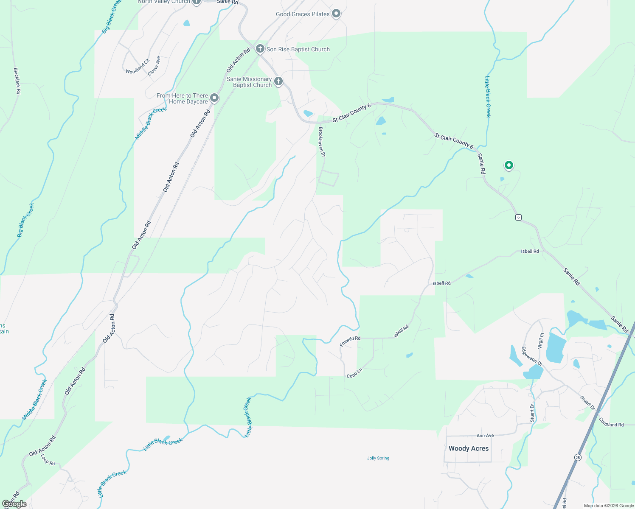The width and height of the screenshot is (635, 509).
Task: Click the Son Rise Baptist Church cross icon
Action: (x=260, y=49)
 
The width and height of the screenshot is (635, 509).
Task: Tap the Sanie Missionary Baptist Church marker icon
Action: (x=278, y=81)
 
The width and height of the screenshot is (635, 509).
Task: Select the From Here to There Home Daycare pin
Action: (x=215, y=98)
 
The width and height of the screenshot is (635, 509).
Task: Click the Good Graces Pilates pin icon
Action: (x=336, y=14)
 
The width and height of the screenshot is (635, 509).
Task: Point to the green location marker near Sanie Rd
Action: (x=509, y=165)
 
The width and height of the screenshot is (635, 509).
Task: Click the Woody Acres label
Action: (x=469, y=448)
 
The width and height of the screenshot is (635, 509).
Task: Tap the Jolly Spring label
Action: (x=378, y=458)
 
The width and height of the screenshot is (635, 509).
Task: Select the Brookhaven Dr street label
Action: (x=322, y=142)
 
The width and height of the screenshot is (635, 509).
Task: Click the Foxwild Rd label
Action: (x=350, y=341)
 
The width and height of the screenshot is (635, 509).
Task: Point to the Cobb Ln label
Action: (x=354, y=373)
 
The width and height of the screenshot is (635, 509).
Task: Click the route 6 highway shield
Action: (x=518, y=217)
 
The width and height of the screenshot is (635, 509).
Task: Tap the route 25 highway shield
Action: (x=578, y=457)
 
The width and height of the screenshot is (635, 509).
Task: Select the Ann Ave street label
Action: (x=485, y=436)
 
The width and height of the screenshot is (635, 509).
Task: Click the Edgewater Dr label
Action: (x=532, y=356)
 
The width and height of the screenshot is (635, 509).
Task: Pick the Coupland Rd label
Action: (x=612, y=422)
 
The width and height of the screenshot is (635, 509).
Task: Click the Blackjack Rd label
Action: (x=17, y=81)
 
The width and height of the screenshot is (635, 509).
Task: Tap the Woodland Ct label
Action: (x=138, y=67)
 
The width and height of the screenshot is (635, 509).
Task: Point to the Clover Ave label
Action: (x=154, y=66)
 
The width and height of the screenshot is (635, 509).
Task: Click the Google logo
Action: (x=14, y=504)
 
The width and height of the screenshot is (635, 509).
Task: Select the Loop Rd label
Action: (x=48, y=460)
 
